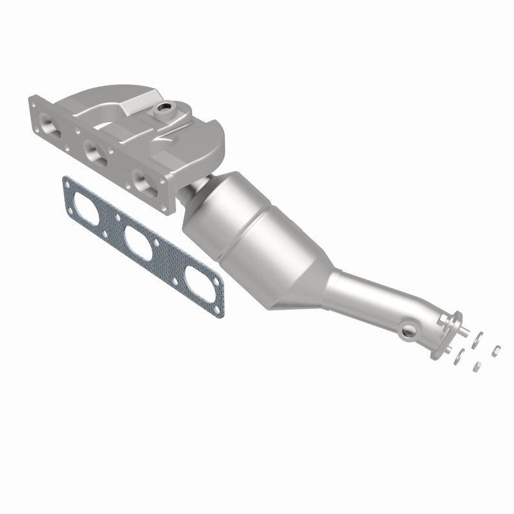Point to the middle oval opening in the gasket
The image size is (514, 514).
139,244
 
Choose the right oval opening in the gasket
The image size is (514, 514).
196,280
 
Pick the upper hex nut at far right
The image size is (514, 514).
496,351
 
